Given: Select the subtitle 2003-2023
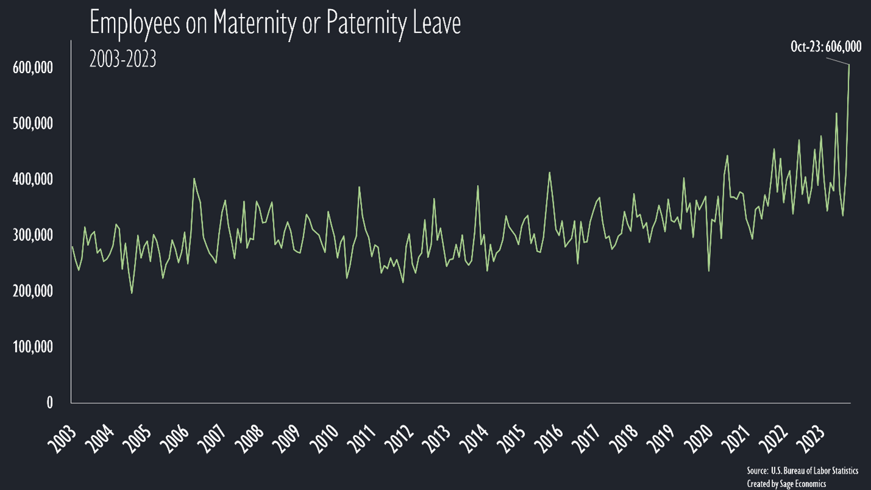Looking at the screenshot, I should (122, 59).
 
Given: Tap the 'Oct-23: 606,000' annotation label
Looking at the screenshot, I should (825, 46).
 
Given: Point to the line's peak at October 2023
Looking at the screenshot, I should (848, 64).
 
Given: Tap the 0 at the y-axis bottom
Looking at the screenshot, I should (49, 403).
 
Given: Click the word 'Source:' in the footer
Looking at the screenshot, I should (757, 471).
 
